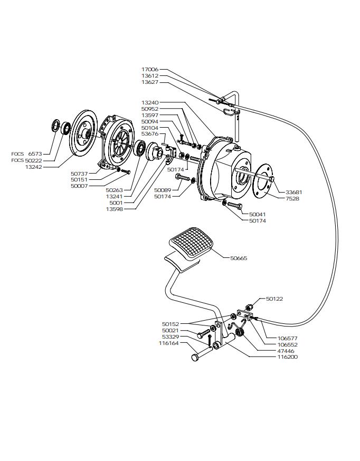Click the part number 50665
click(239, 258)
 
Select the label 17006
click(150, 70)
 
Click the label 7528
click(292, 199)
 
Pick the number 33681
click(294, 193)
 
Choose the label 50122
click(274, 299)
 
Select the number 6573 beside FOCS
click(35, 154)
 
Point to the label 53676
click(150, 134)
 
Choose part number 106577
click(288, 338)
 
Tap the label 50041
click(257, 215)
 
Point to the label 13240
click(150, 102)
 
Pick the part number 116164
click(169, 343)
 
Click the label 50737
click(79, 173)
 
